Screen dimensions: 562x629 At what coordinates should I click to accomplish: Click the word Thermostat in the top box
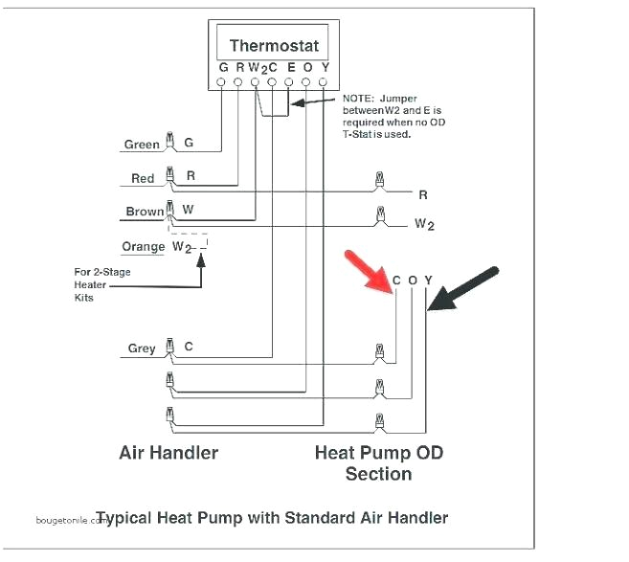pos(274,45)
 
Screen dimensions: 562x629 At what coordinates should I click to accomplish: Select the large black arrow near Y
pos(463,287)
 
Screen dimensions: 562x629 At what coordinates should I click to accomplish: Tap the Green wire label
pos(142,146)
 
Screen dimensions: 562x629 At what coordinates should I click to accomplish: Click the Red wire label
pos(143,179)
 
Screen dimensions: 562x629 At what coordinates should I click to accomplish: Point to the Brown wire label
pos(144,212)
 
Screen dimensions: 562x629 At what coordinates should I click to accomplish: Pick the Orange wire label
pos(143,247)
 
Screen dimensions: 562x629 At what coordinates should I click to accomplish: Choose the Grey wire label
pos(142,348)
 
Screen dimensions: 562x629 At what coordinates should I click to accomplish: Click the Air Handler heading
pos(168,452)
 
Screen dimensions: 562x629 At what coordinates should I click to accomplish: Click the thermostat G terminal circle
pos(222,83)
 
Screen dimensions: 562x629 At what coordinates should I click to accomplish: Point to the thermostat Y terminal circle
pos(325,83)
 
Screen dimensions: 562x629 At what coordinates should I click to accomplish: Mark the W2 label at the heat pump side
pos(424,224)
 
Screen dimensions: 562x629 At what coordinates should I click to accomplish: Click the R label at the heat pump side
pos(422,195)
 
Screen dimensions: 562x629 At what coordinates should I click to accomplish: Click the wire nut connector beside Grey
pos(169,348)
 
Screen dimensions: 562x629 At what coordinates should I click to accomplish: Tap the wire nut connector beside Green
pos(169,143)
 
